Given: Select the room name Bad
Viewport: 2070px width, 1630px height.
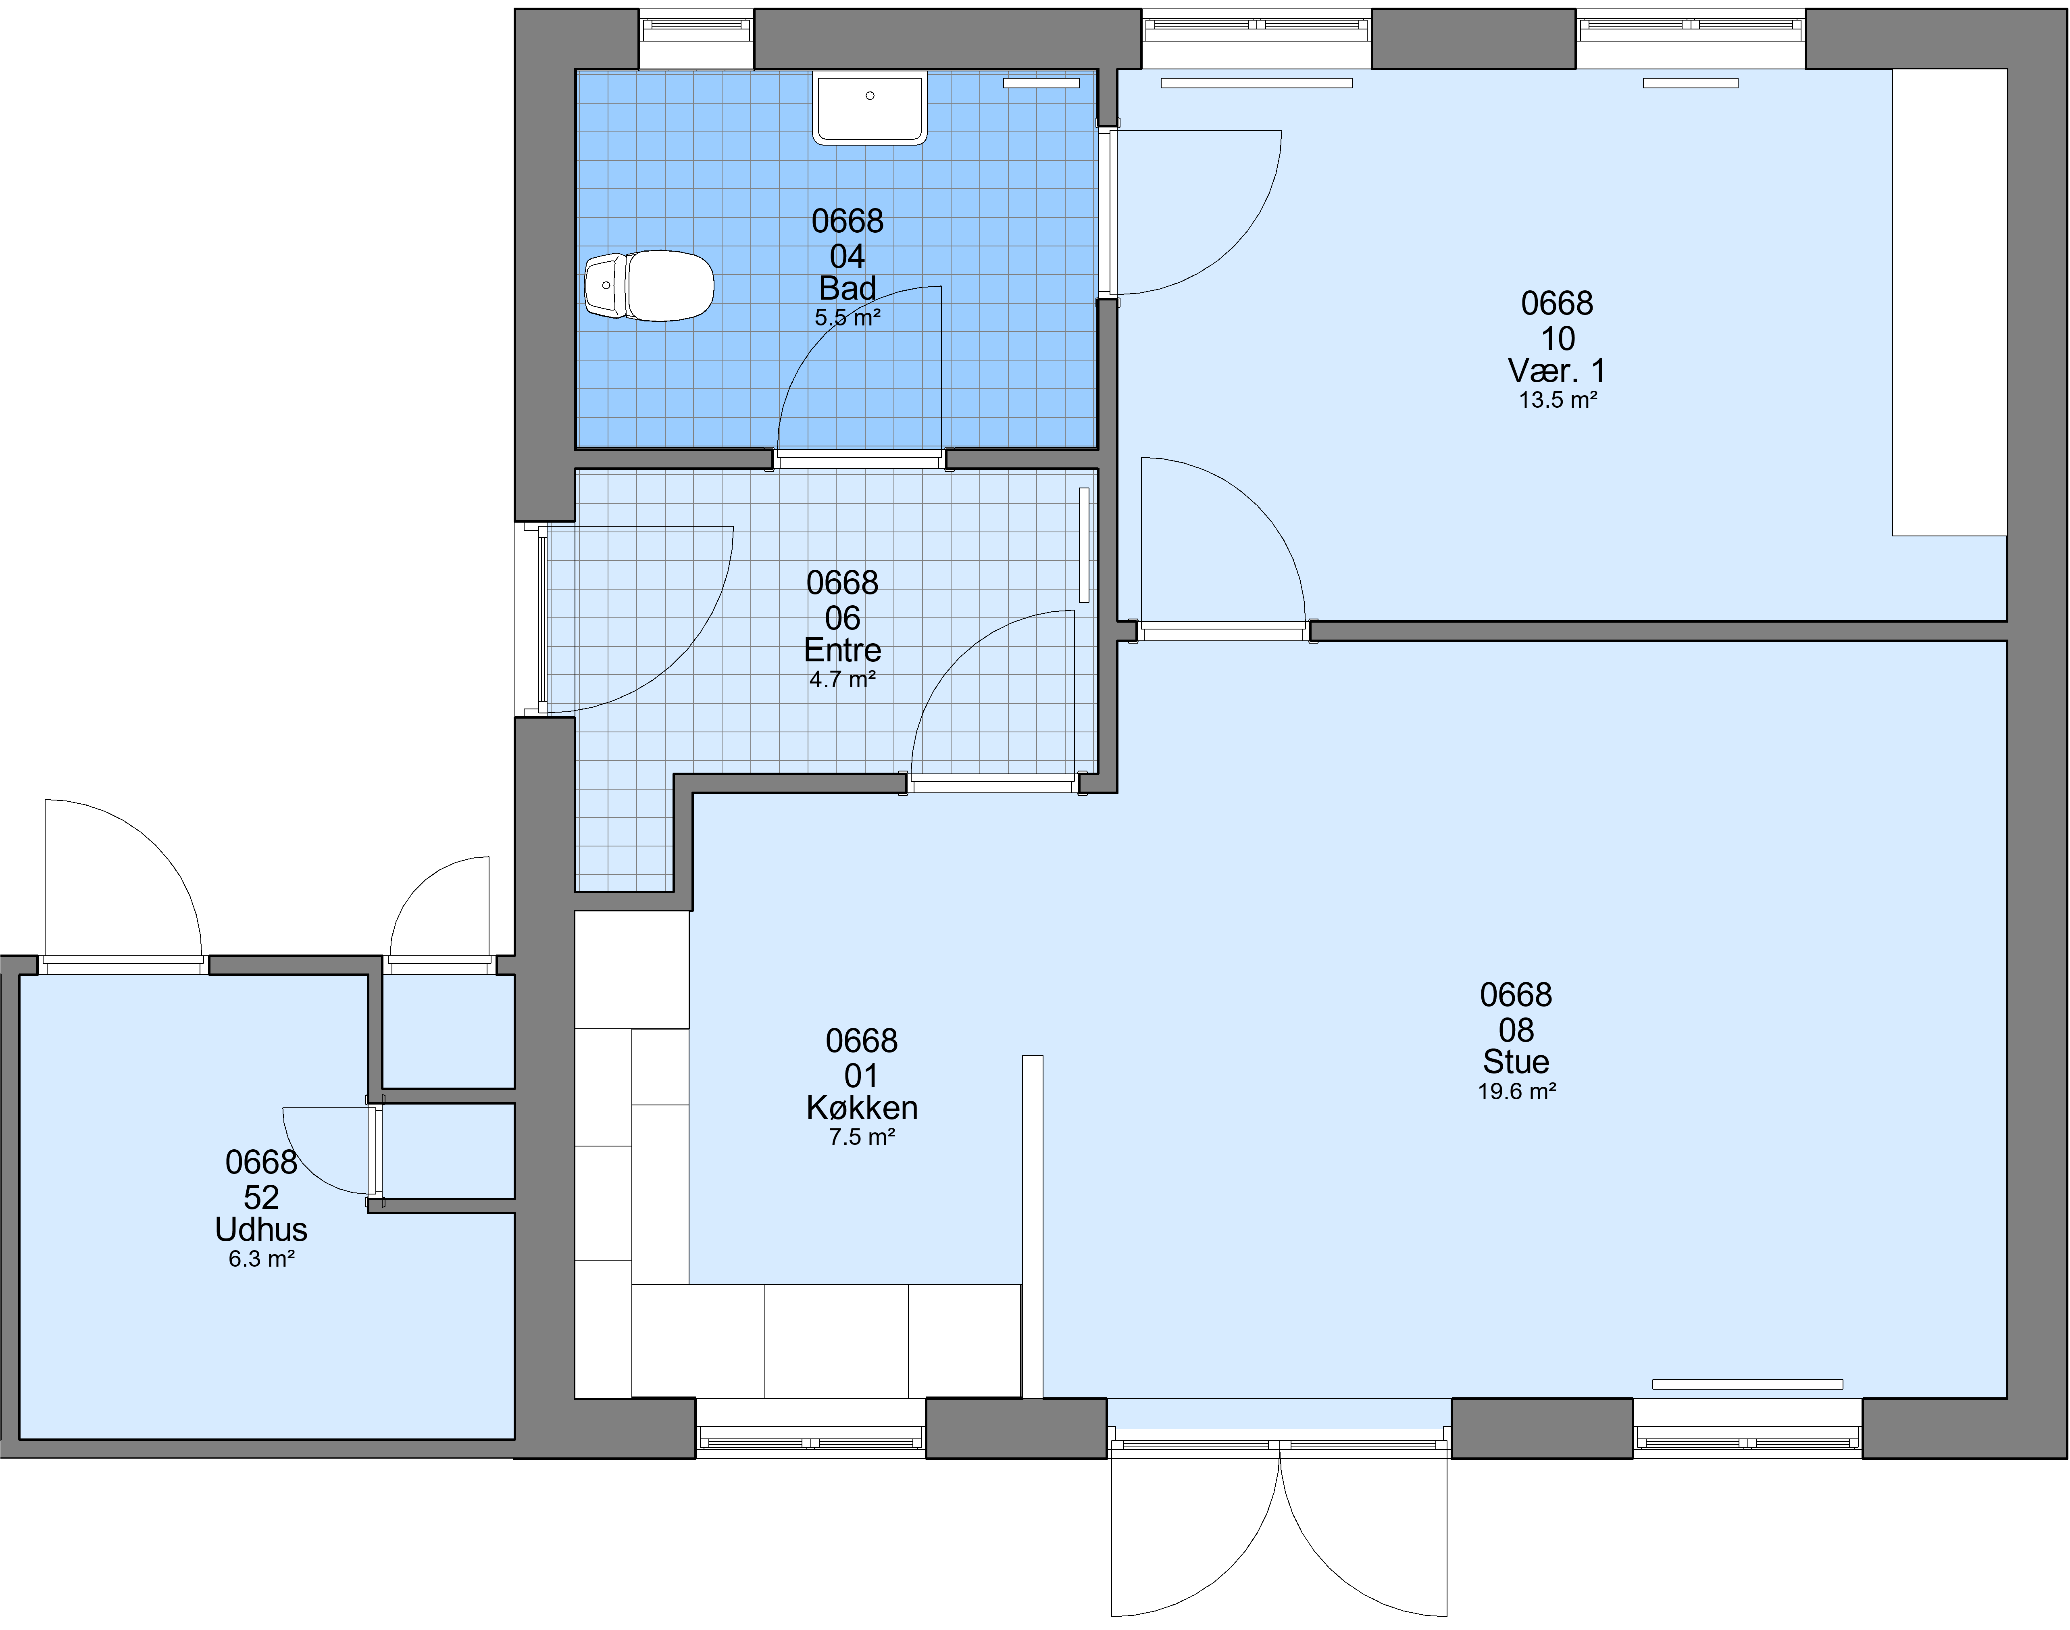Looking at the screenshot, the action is tap(847, 288).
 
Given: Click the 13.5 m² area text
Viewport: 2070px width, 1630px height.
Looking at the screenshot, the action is tap(1558, 400).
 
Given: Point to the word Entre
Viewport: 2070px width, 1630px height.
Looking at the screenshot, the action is tap(842, 650).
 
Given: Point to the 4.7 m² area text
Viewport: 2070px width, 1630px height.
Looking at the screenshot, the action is tap(842, 680).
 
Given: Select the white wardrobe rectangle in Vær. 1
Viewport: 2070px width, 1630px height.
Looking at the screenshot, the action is tap(1950, 302).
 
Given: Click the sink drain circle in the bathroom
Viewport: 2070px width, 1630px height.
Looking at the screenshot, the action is tap(870, 96).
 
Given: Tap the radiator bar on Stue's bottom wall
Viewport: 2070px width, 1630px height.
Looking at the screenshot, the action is tap(1747, 1384).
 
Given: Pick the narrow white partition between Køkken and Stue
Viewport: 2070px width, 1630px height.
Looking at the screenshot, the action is tap(1032, 1226).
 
